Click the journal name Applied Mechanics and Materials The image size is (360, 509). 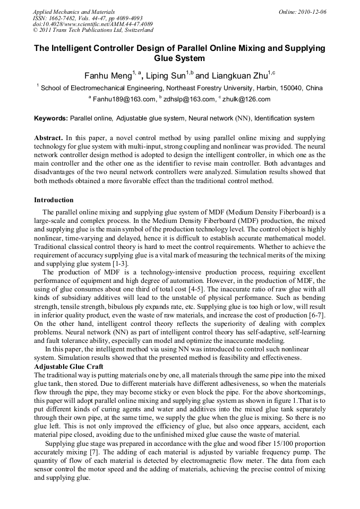click(x=73, y=11)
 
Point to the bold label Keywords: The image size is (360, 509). click(x=51, y=118)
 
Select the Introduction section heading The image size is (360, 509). click(x=54, y=200)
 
